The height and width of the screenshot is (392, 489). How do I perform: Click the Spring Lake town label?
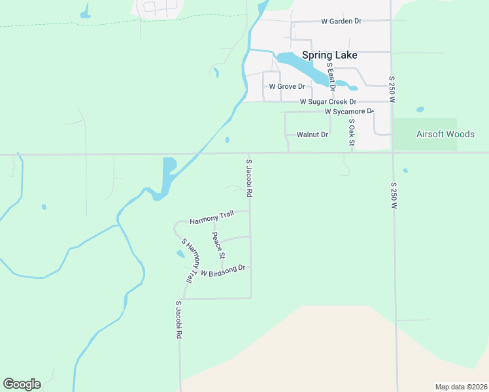(x=327, y=56)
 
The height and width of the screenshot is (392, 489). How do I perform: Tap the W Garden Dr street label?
(x=341, y=22)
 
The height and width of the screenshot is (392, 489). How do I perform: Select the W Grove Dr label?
(x=287, y=86)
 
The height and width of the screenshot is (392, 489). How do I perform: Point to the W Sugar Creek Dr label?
(x=328, y=102)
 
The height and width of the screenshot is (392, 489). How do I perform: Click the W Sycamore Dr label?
(x=348, y=112)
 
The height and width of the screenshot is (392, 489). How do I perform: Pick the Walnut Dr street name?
(x=311, y=135)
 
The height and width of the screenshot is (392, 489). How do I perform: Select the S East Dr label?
(x=331, y=76)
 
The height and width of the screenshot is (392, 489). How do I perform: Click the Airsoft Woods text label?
(x=445, y=134)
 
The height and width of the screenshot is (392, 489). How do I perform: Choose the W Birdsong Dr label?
(x=223, y=270)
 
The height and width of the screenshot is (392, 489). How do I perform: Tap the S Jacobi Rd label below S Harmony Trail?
(x=178, y=319)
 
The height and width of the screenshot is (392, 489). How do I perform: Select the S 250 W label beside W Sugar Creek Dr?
(x=392, y=87)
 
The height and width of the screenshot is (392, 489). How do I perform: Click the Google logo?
(x=22, y=384)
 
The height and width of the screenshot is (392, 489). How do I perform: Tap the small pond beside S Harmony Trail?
(x=180, y=254)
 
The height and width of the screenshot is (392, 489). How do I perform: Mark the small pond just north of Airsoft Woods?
(x=420, y=110)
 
